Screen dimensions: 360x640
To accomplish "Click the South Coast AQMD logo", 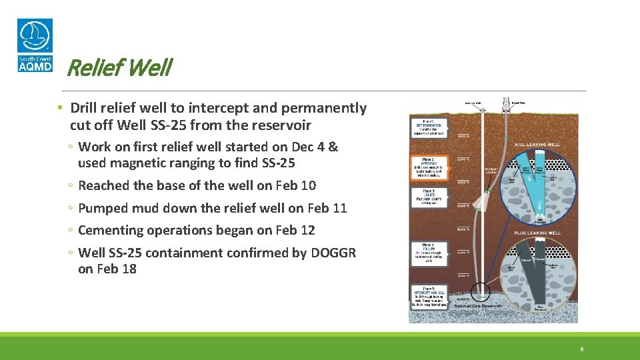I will (x=35, y=45).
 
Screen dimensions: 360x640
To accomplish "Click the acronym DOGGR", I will (x=333, y=253).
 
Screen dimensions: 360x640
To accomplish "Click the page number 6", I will (x=582, y=349).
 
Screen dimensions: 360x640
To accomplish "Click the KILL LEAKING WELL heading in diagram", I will (x=537, y=145).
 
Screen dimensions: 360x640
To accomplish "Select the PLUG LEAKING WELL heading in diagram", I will (x=537, y=234).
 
